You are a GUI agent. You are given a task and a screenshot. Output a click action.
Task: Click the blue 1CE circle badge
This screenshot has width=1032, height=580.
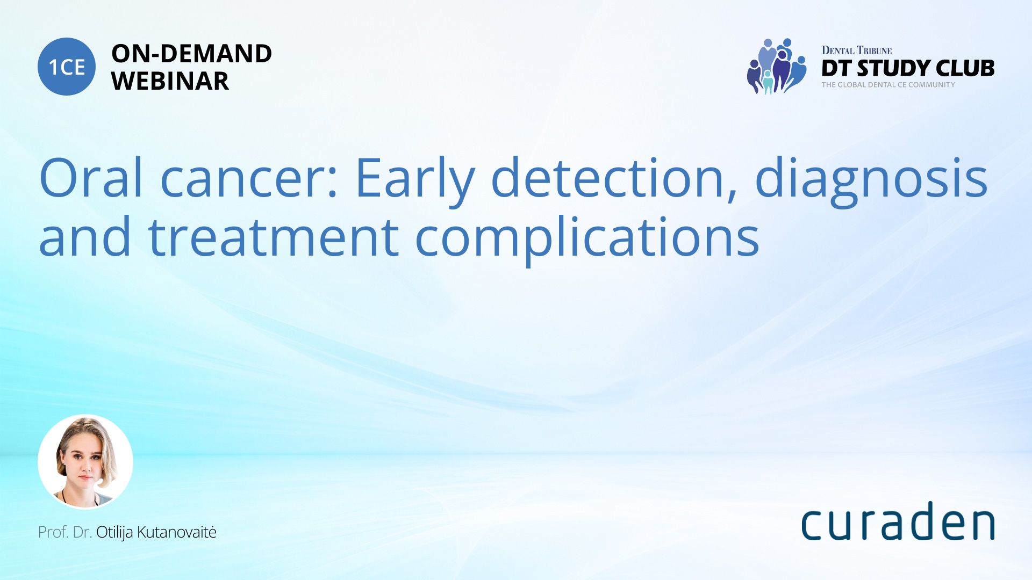(67, 67)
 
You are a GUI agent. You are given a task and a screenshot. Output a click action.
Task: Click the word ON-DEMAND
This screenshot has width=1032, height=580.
(191, 54)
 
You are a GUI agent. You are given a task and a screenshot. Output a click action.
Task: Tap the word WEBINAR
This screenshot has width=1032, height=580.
(170, 81)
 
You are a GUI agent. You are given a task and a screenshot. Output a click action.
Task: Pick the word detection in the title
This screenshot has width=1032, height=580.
(608, 177)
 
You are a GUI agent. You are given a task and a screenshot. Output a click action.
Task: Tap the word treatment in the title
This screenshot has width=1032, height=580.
(273, 237)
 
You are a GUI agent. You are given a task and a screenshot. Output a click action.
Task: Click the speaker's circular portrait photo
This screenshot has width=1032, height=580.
(85, 461)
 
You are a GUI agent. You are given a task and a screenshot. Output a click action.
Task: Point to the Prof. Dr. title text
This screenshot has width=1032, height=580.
(65, 532)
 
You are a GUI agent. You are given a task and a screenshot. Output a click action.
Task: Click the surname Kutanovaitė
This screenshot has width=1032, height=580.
(177, 532)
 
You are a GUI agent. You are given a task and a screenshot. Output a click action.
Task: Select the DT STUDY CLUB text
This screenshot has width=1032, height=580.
(908, 68)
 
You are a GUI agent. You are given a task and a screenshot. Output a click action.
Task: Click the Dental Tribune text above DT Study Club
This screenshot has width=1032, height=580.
(856, 50)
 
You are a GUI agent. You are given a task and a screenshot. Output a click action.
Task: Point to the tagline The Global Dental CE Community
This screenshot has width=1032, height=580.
(888, 85)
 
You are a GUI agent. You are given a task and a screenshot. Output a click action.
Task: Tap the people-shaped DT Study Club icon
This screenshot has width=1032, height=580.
(777, 66)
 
